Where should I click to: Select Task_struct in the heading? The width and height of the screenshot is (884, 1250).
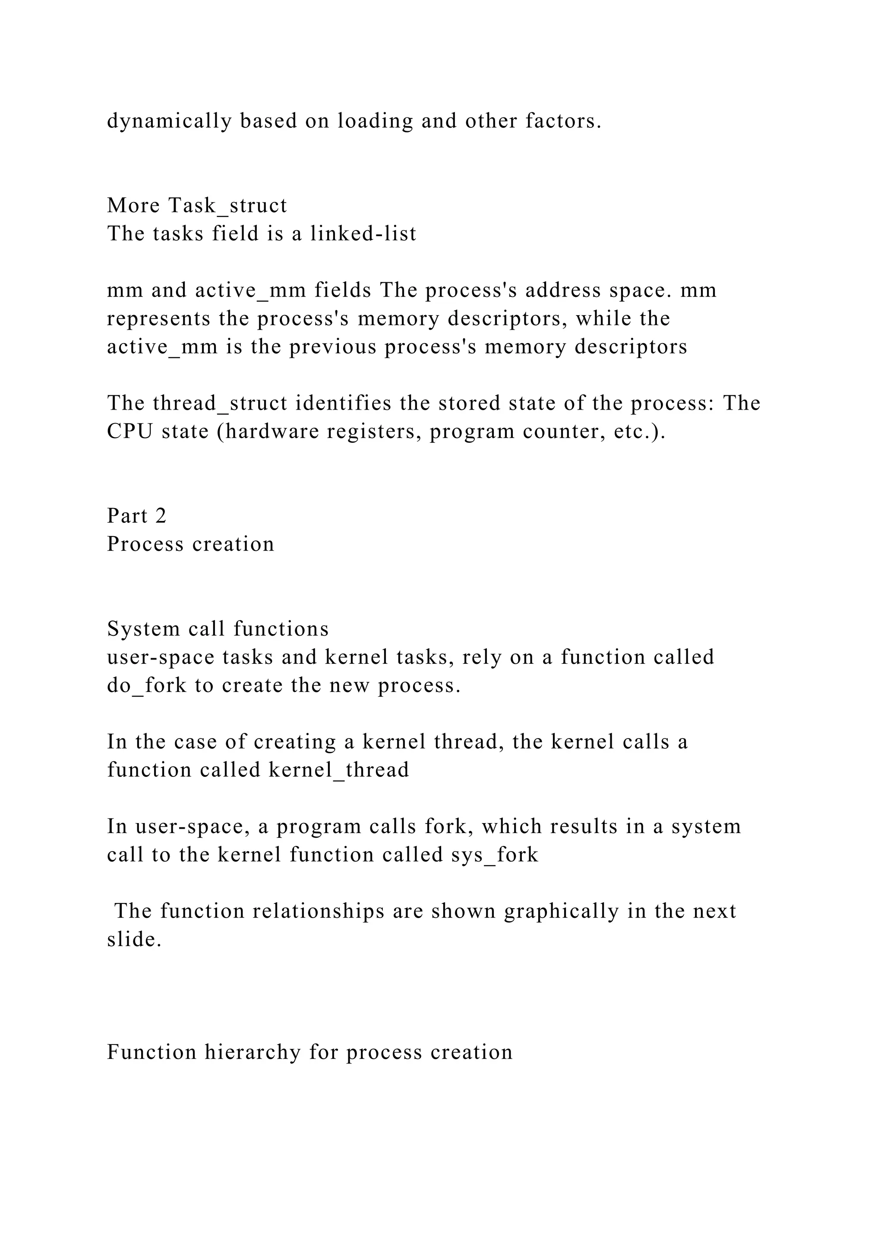pyautogui.click(x=227, y=206)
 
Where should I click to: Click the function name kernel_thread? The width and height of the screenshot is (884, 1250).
pyautogui.click(x=338, y=770)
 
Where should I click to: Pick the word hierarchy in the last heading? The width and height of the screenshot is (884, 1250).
pyautogui.click(x=253, y=1052)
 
